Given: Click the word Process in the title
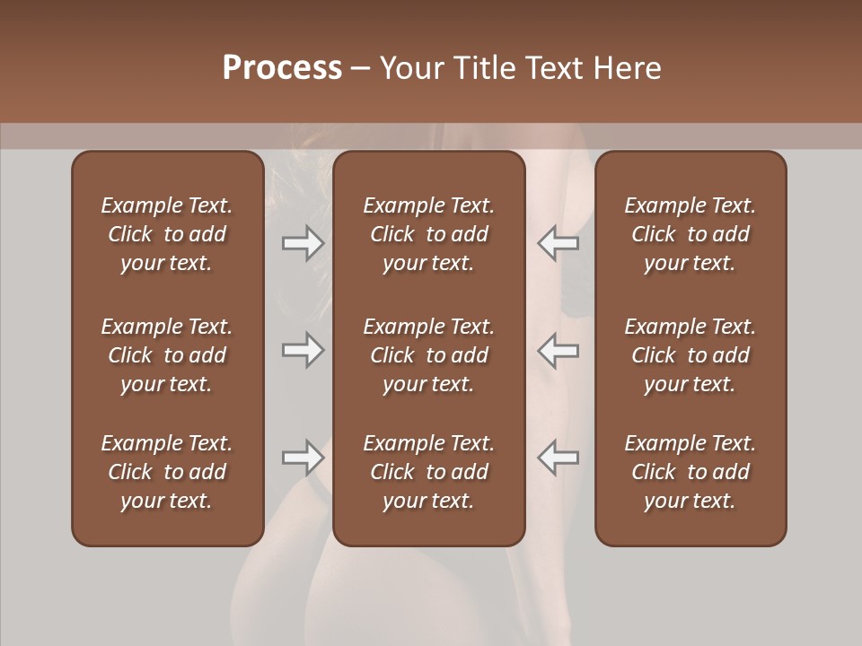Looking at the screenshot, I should point(282,68).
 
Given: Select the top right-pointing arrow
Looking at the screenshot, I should point(303,243).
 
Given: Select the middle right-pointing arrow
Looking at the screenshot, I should point(303,350).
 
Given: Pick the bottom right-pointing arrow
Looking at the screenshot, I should point(303,458).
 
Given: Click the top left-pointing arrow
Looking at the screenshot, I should point(558,243).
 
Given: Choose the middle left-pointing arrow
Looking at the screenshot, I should point(558,350).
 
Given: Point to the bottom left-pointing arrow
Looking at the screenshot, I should point(558,458).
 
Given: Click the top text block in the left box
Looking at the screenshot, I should point(167,234).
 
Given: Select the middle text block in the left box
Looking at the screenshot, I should point(167,355).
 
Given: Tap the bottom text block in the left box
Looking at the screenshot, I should point(167,472).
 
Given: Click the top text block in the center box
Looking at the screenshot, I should point(428,234).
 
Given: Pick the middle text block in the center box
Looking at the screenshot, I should point(428,355).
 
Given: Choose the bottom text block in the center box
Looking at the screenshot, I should point(428,472).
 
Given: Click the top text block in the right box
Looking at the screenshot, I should point(690,234).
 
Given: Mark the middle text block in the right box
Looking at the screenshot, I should point(690,355).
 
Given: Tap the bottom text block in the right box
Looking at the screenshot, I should point(690,472).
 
